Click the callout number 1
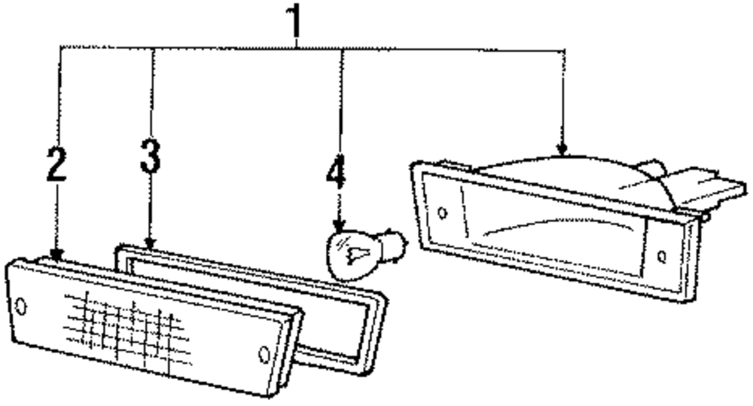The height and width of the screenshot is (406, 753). click(296, 23)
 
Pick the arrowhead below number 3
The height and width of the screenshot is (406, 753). click(151, 243)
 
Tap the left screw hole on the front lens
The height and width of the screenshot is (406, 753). click(20, 306)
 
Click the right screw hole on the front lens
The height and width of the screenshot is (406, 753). click(264, 354)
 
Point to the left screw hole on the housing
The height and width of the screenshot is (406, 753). click(442, 212)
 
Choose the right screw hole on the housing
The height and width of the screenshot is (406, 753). click(660, 257)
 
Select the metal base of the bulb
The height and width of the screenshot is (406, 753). click(392, 246)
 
